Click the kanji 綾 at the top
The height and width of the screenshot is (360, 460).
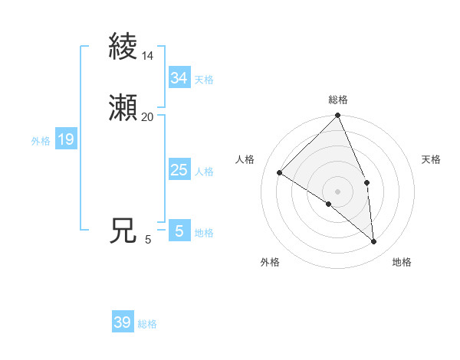click(x=123, y=47)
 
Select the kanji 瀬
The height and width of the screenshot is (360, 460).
click(x=123, y=108)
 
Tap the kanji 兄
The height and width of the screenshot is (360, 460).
click(x=123, y=231)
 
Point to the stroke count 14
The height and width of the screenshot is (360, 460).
click(x=147, y=56)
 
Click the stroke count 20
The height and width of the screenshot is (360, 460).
click(x=147, y=117)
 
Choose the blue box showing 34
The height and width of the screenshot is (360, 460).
click(x=179, y=78)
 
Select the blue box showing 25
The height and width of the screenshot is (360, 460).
click(x=179, y=170)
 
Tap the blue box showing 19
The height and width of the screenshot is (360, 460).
click(x=65, y=139)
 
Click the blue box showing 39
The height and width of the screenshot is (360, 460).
click(x=123, y=322)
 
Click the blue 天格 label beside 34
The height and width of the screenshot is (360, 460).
click(x=204, y=80)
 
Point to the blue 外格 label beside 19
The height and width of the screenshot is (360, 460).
click(x=41, y=141)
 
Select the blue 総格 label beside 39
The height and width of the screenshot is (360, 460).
click(x=147, y=324)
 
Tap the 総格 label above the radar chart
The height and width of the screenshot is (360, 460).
click(x=338, y=100)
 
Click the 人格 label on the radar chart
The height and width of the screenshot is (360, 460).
click(x=245, y=159)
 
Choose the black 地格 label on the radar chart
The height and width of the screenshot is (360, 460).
click(x=402, y=262)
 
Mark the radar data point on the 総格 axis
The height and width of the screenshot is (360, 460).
click(x=338, y=116)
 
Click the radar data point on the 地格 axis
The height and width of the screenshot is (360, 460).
click(x=374, y=242)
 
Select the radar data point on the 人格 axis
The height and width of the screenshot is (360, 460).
click(x=280, y=172)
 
